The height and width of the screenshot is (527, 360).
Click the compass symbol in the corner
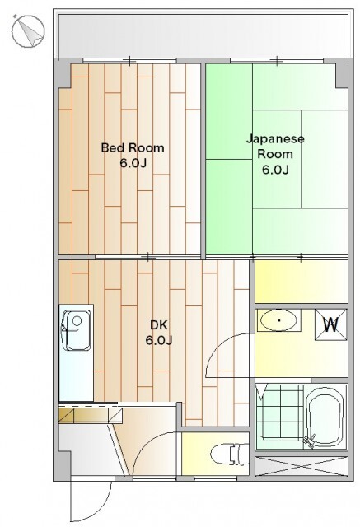27,31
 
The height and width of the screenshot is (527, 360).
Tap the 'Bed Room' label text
133,148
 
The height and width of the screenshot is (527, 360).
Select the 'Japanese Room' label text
275,146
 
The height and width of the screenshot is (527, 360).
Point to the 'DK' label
159,325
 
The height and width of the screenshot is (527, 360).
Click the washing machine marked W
330,324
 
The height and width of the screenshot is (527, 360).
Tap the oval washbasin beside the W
278,320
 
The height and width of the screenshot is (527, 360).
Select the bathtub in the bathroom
325,417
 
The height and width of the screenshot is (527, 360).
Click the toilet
230,454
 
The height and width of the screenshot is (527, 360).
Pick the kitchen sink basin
77,330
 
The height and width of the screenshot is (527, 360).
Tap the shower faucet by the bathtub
310,441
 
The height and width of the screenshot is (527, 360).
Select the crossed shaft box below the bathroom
300,466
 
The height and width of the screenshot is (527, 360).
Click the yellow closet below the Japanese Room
302,282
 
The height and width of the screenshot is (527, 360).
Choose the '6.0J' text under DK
159,340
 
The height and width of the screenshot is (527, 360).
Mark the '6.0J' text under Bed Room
133,163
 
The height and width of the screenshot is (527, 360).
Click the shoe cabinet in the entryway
91,415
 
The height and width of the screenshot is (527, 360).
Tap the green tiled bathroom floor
279,416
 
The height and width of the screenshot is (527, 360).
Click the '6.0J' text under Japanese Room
275,170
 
